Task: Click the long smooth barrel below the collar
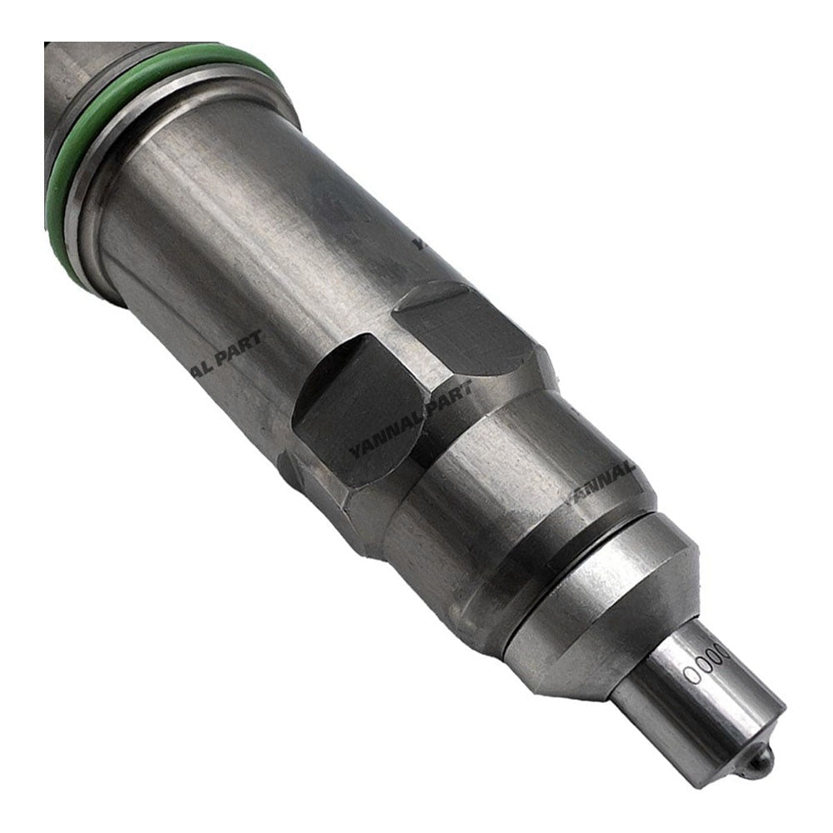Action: click(x=250, y=250)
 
